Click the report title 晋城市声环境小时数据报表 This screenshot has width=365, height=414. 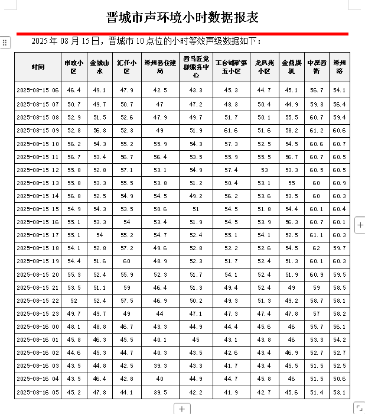[182, 17]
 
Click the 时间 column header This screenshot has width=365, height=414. [38, 67]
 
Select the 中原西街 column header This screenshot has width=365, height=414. [317, 67]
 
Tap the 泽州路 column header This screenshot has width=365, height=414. [340, 67]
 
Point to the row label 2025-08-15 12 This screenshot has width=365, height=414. [38, 170]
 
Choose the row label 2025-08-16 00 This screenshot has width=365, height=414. [38, 326]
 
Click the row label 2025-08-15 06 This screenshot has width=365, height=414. [38, 90]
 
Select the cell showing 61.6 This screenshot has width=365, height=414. [231, 131]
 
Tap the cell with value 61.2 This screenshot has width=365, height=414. [317, 131]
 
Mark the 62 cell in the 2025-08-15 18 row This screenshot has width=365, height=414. [317, 248]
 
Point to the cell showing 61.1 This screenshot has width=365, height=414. [317, 235]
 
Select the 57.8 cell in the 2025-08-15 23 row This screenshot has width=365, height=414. [291, 313]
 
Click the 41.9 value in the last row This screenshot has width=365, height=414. [231, 392]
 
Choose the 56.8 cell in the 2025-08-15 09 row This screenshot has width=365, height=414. [100, 131]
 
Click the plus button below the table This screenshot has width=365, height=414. [182, 409]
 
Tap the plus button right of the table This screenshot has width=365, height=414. [360, 225]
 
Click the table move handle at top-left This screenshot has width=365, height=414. [5, 43]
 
